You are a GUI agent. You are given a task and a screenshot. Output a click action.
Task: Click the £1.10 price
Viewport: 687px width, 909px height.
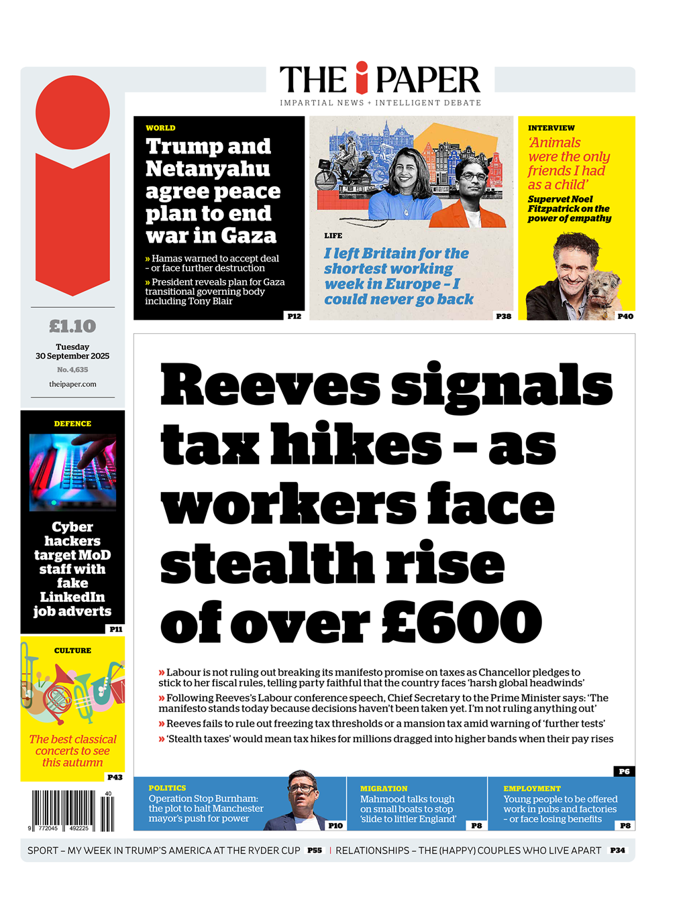click(x=72, y=326)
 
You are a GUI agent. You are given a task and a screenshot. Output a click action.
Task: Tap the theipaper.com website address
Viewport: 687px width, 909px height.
click(x=72, y=384)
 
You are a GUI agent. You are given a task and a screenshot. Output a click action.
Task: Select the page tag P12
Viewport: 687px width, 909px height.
click(x=294, y=316)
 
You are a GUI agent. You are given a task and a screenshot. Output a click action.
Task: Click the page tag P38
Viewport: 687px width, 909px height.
click(x=503, y=316)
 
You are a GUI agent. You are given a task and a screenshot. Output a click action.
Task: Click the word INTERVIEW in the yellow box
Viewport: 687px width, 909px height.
click(x=551, y=128)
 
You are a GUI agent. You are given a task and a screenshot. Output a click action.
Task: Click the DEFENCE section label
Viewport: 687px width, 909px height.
click(x=72, y=424)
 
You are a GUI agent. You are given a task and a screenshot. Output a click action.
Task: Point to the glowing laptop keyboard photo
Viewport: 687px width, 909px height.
click(x=72, y=472)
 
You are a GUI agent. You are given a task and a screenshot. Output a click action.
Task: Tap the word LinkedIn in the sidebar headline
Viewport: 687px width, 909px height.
click(x=72, y=597)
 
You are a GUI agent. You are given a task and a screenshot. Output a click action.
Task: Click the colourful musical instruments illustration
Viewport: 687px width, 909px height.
click(x=72, y=690)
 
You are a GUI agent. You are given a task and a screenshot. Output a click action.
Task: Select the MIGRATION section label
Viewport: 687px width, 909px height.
click(x=384, y=788)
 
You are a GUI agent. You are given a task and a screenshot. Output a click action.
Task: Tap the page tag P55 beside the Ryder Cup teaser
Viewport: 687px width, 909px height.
click(x=315, y=850)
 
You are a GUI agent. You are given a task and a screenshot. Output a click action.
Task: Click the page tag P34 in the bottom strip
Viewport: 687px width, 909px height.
click(x=617, y=850)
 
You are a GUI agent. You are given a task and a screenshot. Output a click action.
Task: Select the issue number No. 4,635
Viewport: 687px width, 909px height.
click(x=72, y=369)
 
